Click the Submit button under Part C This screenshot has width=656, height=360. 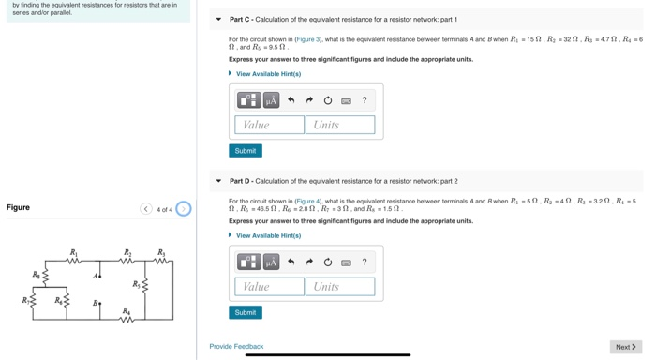(245, 150)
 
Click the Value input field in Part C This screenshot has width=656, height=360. (269, 125)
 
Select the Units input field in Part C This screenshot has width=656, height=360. (343, 125)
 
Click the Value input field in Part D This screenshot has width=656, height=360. (269, 287)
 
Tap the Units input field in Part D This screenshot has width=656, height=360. (343, 287)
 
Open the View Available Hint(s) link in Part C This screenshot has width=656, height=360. (268, 74)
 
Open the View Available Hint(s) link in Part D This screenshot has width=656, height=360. (268, 236)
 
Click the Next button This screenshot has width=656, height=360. (625, 347)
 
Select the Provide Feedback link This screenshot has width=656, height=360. (236, 347)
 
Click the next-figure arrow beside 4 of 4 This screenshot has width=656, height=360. (184, 209)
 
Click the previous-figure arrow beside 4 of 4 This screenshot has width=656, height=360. (146, 209)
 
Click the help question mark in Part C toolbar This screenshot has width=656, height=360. (365, 100)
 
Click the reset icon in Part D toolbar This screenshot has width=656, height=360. (327, 262)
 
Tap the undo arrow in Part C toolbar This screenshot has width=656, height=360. (291, 100)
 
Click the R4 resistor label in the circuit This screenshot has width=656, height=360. (126, 310)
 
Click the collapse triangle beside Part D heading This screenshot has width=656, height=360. (218, 181)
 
